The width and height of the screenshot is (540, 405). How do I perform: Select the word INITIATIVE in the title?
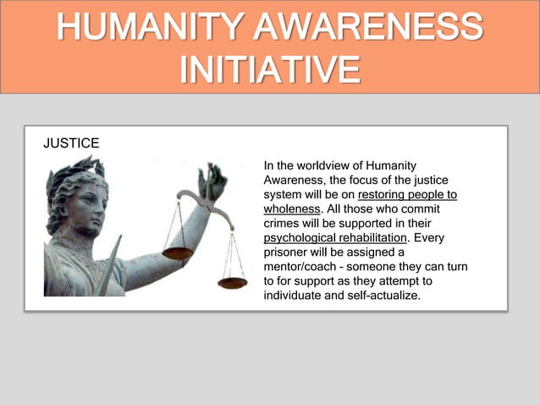269,69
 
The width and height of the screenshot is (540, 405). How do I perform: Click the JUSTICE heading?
71,143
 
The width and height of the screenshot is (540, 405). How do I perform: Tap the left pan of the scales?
178,252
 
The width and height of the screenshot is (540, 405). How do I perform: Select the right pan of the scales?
232,282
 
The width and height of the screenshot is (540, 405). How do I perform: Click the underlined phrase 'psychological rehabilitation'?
336,237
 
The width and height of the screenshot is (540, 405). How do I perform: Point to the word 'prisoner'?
287,252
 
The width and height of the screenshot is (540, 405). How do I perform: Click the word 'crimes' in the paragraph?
284,223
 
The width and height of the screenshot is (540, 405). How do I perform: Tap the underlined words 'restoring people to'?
407,194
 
